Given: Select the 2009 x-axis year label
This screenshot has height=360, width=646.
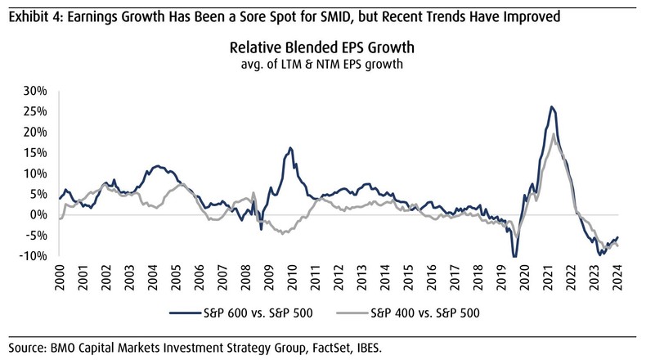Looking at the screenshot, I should coord(267,276).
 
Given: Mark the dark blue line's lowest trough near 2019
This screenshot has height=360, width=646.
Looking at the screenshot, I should coord(514,256).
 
